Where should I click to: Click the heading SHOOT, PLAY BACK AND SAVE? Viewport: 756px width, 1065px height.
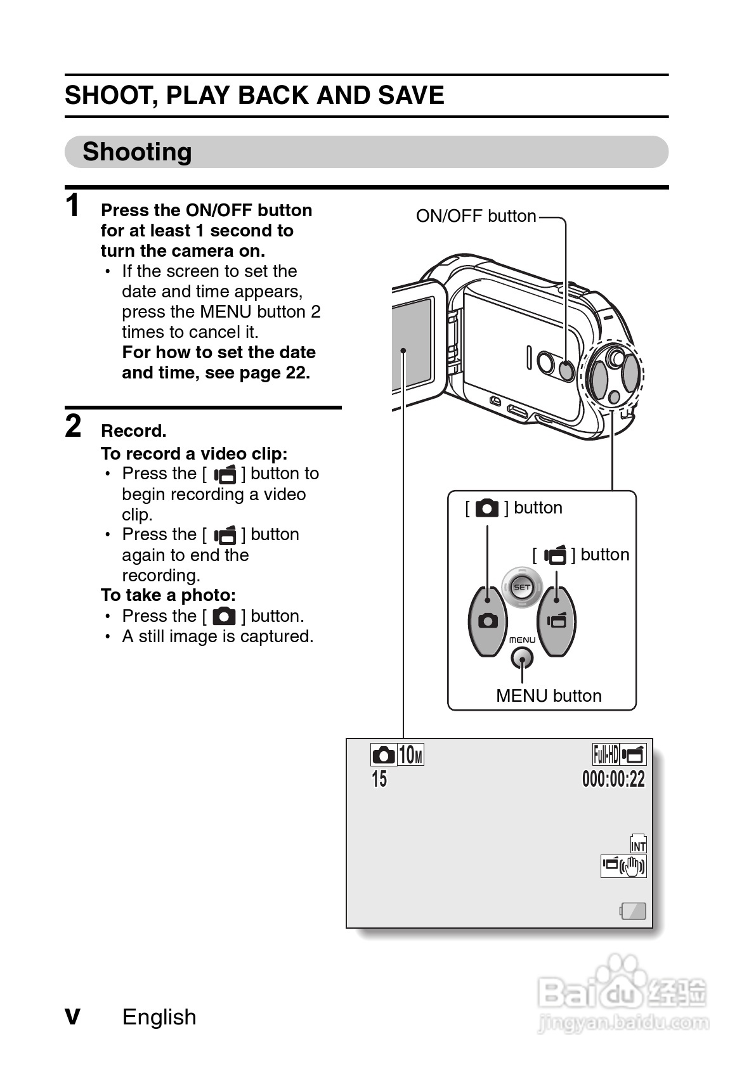[254, 96]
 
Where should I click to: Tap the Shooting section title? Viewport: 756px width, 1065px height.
[137, 152]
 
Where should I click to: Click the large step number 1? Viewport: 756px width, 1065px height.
[73, 206]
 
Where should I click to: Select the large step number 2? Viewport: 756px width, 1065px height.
[74, 426]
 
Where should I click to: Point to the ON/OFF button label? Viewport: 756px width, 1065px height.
[476, 216]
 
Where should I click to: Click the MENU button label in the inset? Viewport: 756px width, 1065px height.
[548, 696]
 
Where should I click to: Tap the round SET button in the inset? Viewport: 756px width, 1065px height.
[522, 587]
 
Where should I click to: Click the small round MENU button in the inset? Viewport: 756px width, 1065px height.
[522, 658]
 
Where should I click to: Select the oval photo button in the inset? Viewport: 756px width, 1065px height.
[488, 621]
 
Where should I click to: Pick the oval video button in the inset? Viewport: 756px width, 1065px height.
[557, 621]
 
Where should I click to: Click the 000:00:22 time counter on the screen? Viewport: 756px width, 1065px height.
[613, 779]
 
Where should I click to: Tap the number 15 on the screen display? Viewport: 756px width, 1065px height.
[379, 779]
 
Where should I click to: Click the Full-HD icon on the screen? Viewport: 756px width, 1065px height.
[605, 755]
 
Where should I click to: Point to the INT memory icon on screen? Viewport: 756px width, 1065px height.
[638, 844]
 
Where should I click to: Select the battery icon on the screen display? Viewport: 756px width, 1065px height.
[633, 912]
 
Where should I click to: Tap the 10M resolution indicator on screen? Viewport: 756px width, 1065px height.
[411, 755]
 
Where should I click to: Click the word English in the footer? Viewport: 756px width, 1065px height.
[159, 1017]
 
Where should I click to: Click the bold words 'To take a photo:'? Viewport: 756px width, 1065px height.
[168, 595]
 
